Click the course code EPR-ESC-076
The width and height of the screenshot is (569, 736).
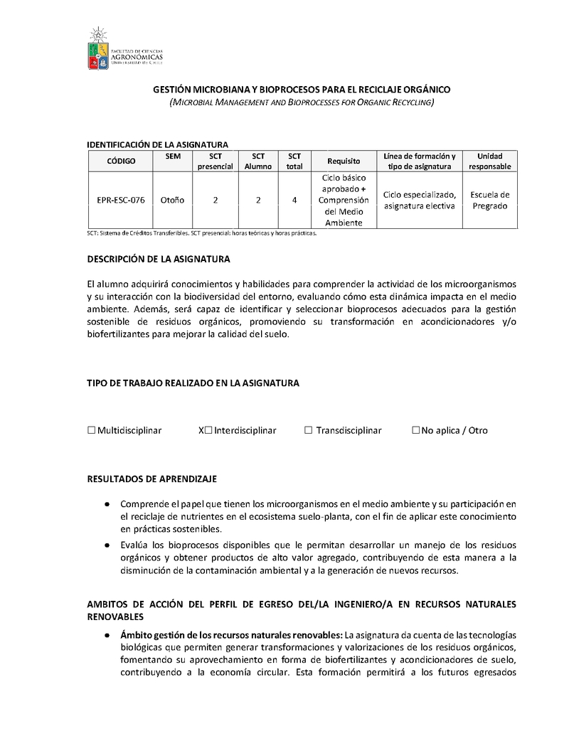pyautogui.click(x=121, y=201)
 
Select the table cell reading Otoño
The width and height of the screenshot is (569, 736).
pyautogui.click(x=172, y=201)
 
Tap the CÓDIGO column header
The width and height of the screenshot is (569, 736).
pyautogui.click(x=121, y=161)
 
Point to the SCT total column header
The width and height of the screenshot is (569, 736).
pyautogui.click(x=294, y=161)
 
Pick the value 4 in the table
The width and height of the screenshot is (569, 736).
pyautogui.click(x=294, y=201)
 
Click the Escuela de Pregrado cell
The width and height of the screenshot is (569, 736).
pyautogui.click(x=490, y=201)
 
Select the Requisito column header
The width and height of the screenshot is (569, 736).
pyautogui.click(x=344, y=161)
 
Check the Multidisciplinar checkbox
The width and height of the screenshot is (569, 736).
pyautogui.click(x=91, y=430)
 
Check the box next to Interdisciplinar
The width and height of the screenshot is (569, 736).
pyautogui.click(x=208, y=430)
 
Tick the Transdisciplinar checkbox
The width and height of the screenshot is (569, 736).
pyautogui.click(x=309, y=430)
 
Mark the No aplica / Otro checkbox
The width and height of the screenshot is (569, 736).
pyautogui.click(x=416, y=430)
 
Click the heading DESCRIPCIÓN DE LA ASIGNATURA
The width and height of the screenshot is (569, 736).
pyautogui.click(x=159, y=259)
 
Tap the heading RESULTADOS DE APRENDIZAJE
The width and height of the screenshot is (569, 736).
pyautogui.click(x=151, y=479)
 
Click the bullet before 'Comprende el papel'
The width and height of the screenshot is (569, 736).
pyautogui.click(x=106, y=504)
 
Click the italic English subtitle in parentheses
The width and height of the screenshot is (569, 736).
pyautogui.click(x=302, y=103)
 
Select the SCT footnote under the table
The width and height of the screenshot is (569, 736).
pyautogui.click(x=201, y=233)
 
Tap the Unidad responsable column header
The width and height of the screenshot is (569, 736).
pyautogui.click(x=490, y=161)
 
